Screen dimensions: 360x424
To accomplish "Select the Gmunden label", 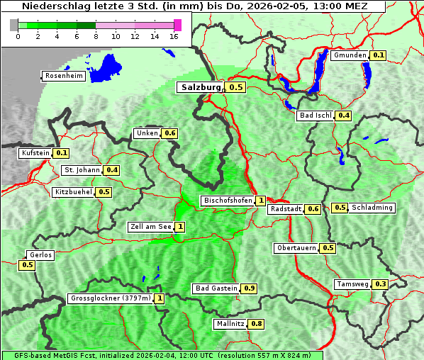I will pos(350,55).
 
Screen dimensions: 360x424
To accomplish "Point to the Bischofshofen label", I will pos(227,201).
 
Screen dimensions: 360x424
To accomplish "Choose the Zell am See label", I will pos(150,227).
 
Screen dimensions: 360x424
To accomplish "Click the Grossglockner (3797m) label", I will pos(111,298).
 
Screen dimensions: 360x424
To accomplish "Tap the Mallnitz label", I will pos(230,324).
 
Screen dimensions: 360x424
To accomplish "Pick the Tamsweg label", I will pos(352,284).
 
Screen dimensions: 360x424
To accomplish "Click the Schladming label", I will pos(372,208).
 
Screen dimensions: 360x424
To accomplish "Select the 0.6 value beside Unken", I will pos(169,133).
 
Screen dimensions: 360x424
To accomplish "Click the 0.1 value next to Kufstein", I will pos(62,152).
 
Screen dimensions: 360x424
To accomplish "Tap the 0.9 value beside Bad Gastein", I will pos(250,288).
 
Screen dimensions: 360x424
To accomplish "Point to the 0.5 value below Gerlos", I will pos(28,265).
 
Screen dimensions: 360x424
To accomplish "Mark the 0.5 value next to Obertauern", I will pos(328,248).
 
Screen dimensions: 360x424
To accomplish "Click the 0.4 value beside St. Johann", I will pos(112,170).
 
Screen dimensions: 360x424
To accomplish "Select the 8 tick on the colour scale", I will pos(95,36).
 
